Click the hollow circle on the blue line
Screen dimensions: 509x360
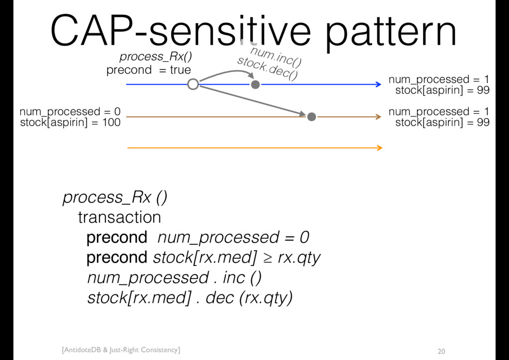193,85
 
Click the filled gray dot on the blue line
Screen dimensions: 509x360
255,85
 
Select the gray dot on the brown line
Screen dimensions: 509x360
312,116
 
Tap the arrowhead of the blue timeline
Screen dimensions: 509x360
378,85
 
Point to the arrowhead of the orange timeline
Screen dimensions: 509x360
379,148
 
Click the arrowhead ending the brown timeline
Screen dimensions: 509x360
378,116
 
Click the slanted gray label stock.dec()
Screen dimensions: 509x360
267,69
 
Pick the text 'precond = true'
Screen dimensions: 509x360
149,70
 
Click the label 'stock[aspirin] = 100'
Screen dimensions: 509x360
70,123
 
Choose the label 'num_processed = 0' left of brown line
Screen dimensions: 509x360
70,112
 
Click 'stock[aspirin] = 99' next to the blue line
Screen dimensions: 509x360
442,90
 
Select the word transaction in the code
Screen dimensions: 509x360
119,217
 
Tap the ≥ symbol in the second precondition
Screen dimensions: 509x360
267,258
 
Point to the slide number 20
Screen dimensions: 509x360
441,351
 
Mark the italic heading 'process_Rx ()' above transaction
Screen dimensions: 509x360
115,197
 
